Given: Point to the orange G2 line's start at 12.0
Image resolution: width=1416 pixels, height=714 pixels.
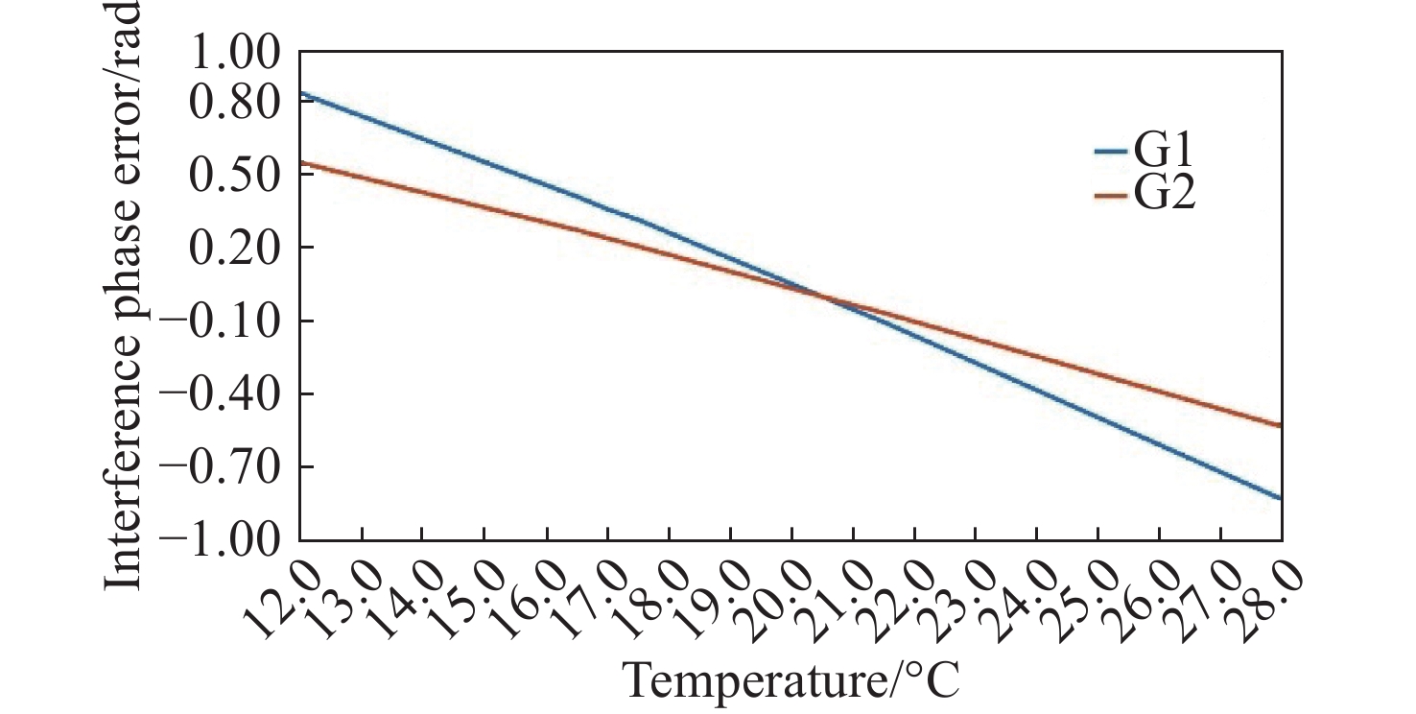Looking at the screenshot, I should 301,162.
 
